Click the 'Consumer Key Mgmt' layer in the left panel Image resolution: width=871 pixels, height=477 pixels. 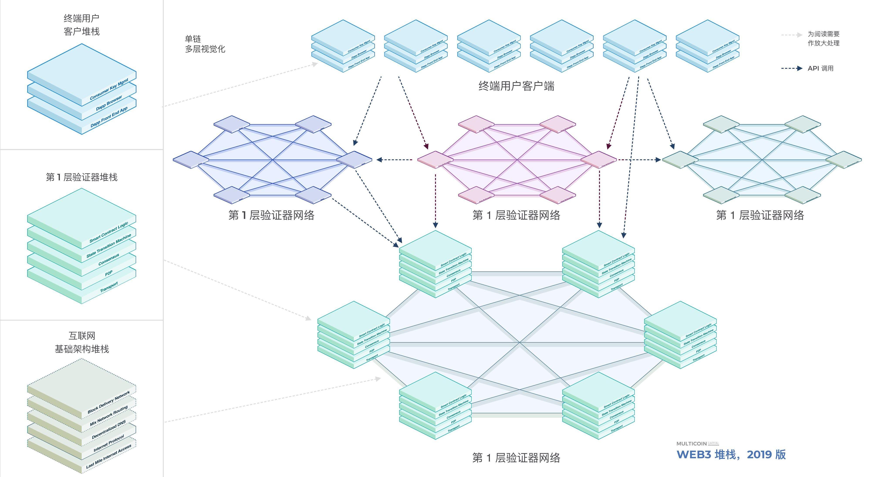coord(109,89)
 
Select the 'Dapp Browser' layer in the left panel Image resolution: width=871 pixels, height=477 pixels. coord(109,103)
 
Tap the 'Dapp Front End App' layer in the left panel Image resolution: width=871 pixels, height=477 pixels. coord(109,117)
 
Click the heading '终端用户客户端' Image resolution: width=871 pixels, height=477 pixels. coord(516,86)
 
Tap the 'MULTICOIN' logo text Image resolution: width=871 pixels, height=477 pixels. coord(691,443)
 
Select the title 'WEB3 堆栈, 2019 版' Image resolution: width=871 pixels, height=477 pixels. coord(731,454)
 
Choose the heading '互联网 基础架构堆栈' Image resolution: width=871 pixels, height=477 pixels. coord(82,342)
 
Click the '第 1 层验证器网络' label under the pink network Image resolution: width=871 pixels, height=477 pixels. coord(516,215)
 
